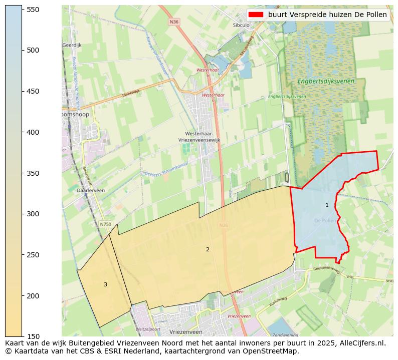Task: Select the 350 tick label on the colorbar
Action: (x=33, y=173)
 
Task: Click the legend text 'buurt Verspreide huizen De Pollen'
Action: (x=327, y=15)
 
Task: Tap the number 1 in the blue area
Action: (x=327, y=205)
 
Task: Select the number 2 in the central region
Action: (x=208, y=249)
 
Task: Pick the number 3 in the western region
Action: (x=105, y=284)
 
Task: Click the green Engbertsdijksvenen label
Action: (x=325, y=81)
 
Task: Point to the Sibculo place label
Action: (x=241, y=25)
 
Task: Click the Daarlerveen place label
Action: (x=91, y=191)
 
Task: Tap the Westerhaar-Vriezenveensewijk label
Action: (x=199, y=137)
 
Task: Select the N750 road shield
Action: (x=105, y=224)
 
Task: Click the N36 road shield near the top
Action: (x=174, y=22)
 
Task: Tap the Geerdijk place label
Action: (x=72, y=45)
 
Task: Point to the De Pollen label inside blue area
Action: (x=325, y=220)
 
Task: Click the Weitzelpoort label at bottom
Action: (x=148, y=329)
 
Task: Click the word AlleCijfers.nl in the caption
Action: (x=360, y=343)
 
